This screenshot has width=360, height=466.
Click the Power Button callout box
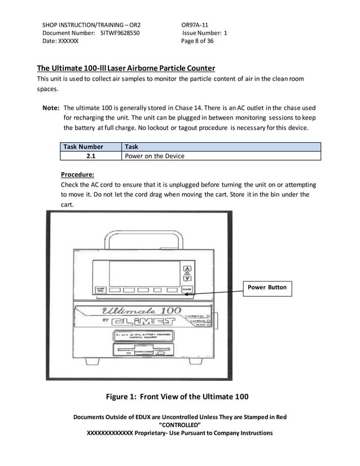pos(267,288)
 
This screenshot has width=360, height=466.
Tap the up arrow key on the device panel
pos(188,269)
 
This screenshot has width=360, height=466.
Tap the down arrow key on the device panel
pos(188,278)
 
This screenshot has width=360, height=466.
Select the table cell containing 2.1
pos(90,156)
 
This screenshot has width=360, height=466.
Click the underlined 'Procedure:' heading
pos(77,174)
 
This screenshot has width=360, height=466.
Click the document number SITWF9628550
pos(120,33)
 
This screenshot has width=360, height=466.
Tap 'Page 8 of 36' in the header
pos(197,41)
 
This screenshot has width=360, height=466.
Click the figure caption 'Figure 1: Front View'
pos(177,396)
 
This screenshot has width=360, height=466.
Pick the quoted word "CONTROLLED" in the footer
pos(180,425)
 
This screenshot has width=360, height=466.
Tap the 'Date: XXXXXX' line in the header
pos(61,41)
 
